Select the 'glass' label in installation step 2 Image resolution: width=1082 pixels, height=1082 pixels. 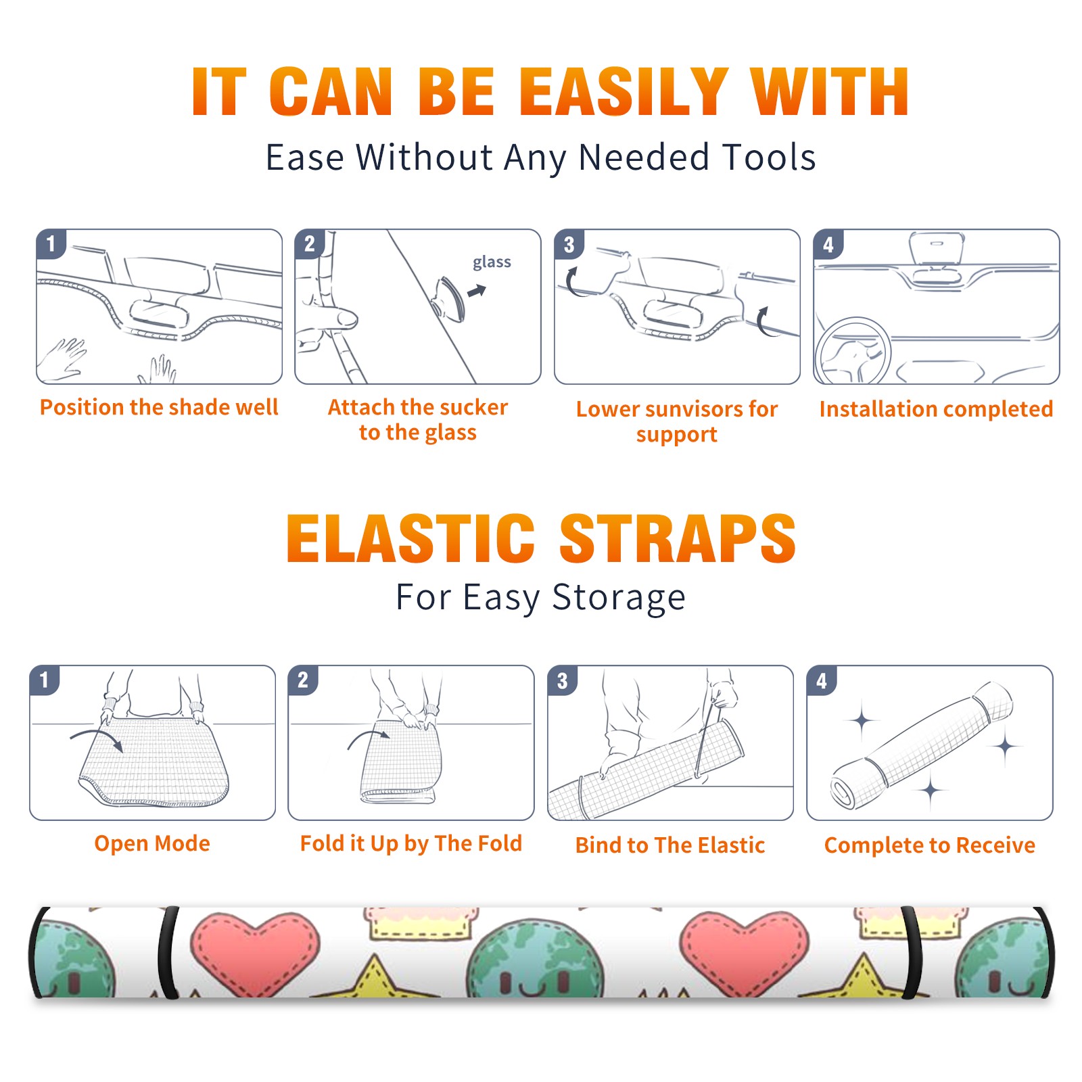[492, 262]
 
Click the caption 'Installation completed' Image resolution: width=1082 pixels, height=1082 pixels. [936, 408]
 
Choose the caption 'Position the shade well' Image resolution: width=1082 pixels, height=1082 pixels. [159, 407]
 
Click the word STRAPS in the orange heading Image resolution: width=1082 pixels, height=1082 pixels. [678, 538]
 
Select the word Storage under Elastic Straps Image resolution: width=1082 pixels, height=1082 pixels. [619, 598]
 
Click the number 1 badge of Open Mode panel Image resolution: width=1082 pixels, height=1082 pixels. [45, 680]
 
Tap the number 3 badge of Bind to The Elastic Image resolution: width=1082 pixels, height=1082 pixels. [563, 680]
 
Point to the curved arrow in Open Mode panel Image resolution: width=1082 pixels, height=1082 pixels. [97, 738]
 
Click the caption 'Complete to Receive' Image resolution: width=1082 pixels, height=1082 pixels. [930, 845]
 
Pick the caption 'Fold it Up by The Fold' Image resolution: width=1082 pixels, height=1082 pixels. [411, 844]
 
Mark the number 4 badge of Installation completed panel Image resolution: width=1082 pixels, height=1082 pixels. [828, 244]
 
